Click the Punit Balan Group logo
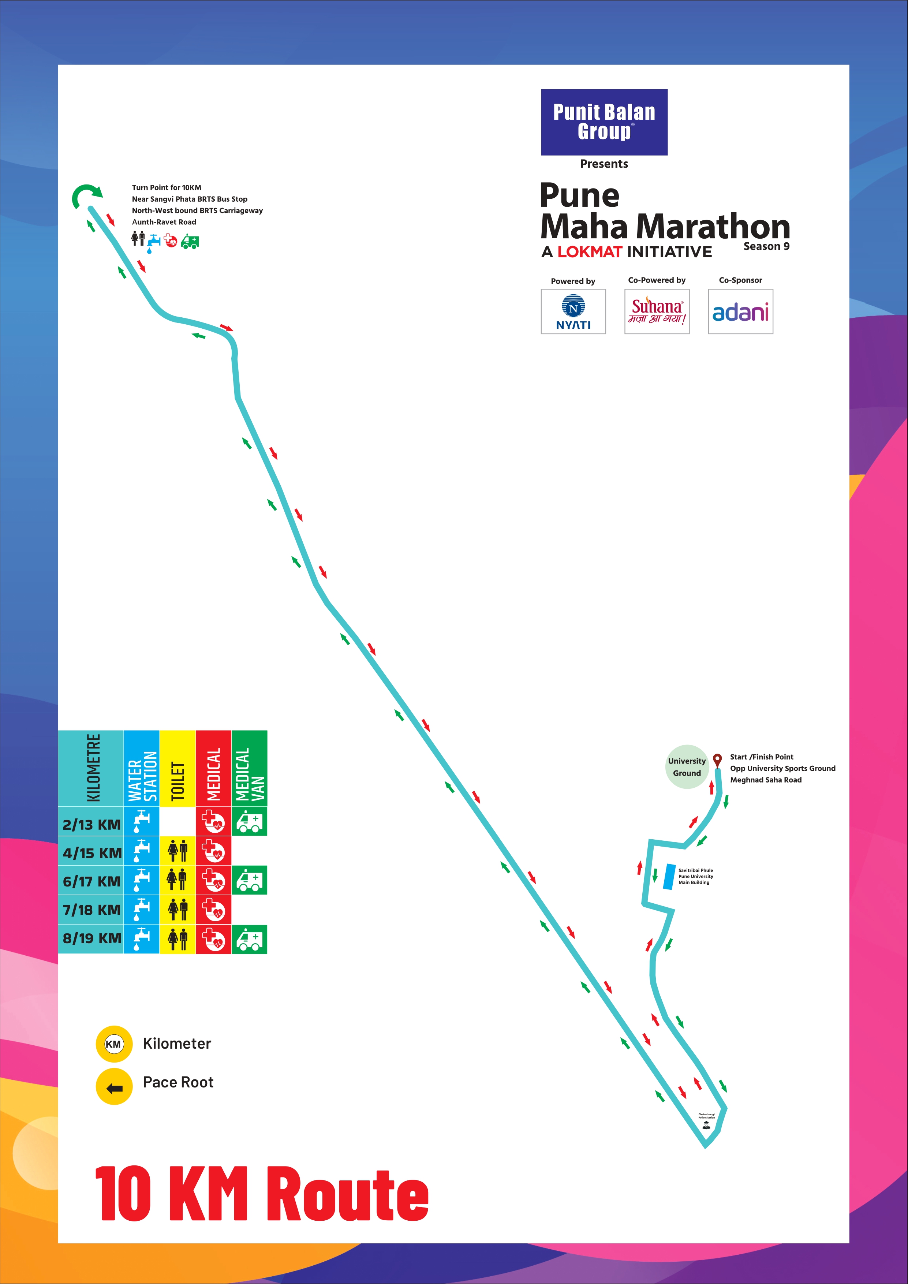tap(604, 122)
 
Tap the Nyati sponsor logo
tap(573, 311)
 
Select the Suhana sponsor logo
tap(657, 311)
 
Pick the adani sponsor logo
tap(740, 311)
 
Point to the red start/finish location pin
tap(717, 761)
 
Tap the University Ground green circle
tap(687, 767)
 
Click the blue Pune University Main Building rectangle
tap(668, 876)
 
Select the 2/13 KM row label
tap(91, 824)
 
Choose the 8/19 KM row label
tap(91, 938)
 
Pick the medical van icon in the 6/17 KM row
tap(249, 880)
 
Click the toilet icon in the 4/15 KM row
tap(177, 852)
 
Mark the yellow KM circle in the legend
tap(114, 1044)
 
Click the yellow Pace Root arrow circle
tap(114, 1087)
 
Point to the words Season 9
tap(766, 247)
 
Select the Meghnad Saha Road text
tap(765, 780)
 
